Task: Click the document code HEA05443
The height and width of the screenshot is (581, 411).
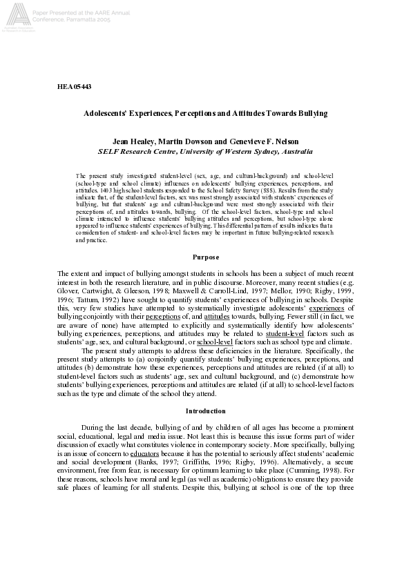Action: pos(74,86)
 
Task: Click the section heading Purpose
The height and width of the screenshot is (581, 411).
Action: pos(205,237)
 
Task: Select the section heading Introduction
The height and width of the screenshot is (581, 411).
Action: pos(205,411)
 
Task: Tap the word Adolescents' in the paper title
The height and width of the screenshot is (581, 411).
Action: pos(106,112)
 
